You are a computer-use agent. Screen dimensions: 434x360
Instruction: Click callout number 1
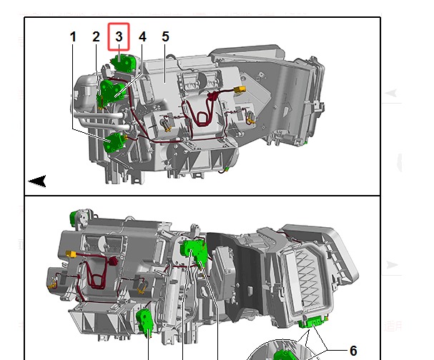pyautogui.click(x=73, y=36)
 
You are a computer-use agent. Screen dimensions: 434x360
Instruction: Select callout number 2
pyautogui.click(x=96, y=36)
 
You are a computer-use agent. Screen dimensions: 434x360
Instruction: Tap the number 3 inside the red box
pyautogui.click(x=119, y=36)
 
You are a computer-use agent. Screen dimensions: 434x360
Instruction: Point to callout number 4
pyautogui.click(x=142, y=36)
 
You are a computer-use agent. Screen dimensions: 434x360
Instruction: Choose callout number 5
pyautogui.click(x=165, y=36)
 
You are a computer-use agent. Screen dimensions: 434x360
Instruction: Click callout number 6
pyautogui.click(x=353, y=351)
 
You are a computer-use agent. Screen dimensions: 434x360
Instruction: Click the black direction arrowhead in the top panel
pyautogui.click(x=37, y=181)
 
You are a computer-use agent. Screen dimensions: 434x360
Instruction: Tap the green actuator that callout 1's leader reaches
pyautogui.click(x=114, y=142)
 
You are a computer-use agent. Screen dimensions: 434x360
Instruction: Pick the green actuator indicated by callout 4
pyautogui.click(x=112, y=91)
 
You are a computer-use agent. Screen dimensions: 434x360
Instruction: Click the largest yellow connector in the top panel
pyautogui.click(x=240, y=89)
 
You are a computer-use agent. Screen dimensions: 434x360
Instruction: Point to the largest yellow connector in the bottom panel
pyautogui.click(x=71, y=254)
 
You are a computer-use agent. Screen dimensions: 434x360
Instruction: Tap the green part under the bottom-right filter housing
pyautogui.click(x=313, y=322)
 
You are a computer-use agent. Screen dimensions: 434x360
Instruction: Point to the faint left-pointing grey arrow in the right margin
pyautogui.click(x=391, y=93)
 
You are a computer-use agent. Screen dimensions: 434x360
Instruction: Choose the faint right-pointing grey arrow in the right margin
pyautogui.click(x=392, y=264)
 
